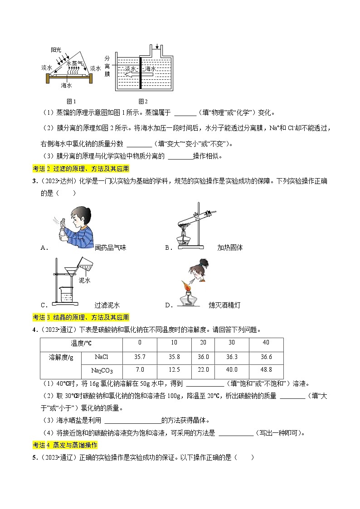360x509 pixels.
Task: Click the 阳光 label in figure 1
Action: click(x=56, y=49)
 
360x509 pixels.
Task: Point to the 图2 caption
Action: click(x=143, y=101)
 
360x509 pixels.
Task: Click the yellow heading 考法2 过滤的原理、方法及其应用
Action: click(x=81, y=169)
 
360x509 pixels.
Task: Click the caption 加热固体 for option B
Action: click(x=230, y=247)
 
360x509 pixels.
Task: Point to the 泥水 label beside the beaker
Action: click(x=85, y=281)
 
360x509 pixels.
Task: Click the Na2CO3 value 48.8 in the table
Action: click(x=266, y=370)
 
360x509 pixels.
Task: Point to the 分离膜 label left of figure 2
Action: click(x=107, y=66)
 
